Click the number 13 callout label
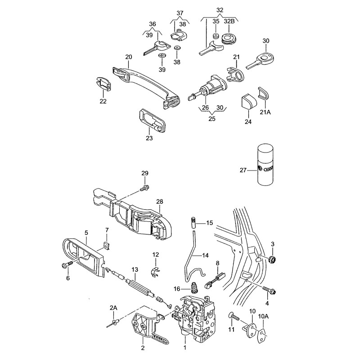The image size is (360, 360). (x=134, y=269)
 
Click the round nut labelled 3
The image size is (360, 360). (x=272, y=259)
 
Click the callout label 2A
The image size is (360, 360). (x=113, y=308)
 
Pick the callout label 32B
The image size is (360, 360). (x=229, y=21)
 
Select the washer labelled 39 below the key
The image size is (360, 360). (x=162, y=55)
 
